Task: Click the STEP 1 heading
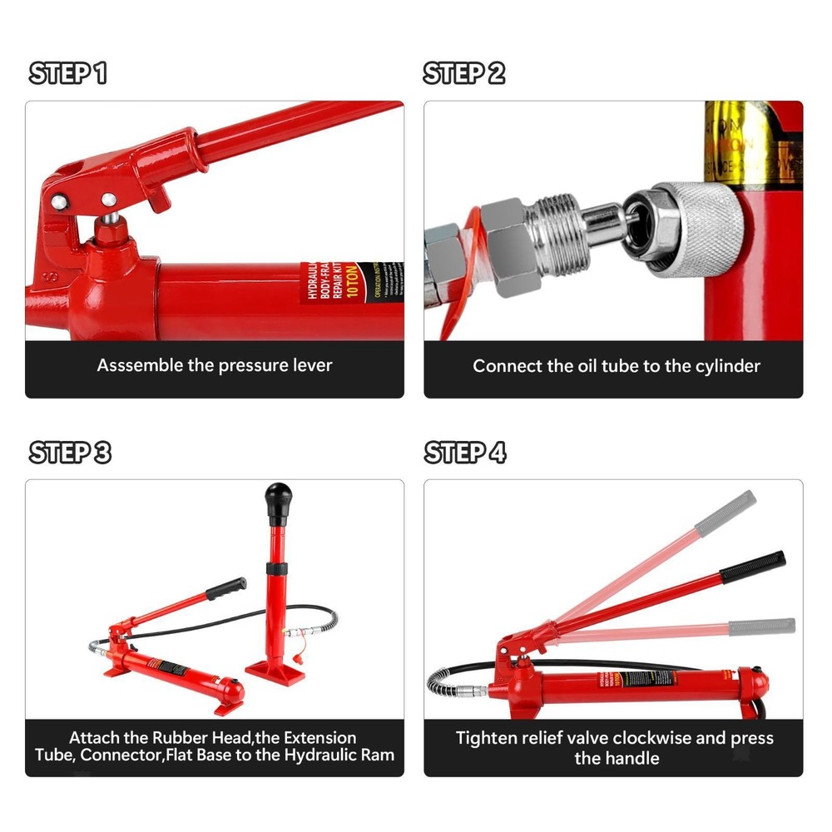point(68,73)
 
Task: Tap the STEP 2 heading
point(464,73)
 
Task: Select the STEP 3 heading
point(70,453)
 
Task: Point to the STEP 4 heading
point(465,453)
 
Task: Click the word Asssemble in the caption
point(138,365)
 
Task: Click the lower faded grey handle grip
point(762,626)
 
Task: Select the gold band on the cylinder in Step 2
point(736,141)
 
